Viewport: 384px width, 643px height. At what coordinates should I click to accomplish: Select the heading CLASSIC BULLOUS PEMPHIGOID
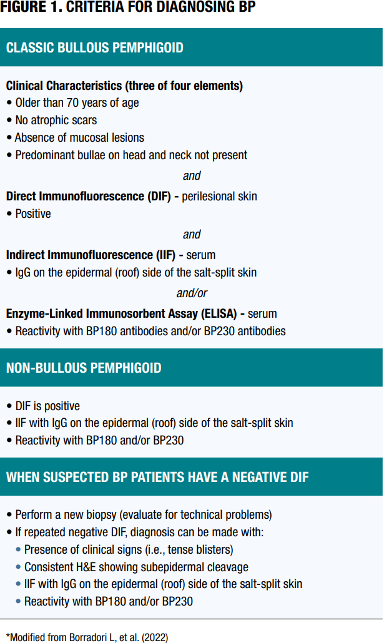tap(95, 47)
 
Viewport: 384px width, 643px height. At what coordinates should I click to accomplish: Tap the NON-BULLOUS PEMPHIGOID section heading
tap(84, 368)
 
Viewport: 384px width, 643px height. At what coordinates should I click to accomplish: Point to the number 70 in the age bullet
tap(72, 102)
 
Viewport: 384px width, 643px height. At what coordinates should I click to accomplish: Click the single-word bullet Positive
tap(33, 214)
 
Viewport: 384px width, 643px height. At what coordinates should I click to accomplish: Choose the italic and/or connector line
tap(192, 293)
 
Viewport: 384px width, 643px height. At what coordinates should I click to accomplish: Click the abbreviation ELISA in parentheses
tap(219, 314)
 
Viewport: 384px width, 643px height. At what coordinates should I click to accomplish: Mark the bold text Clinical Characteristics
tap(64, 86)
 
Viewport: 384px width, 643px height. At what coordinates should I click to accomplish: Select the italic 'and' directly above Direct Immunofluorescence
tap(192, 175)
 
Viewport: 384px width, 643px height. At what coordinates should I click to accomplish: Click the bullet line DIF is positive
tap(47, 406)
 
